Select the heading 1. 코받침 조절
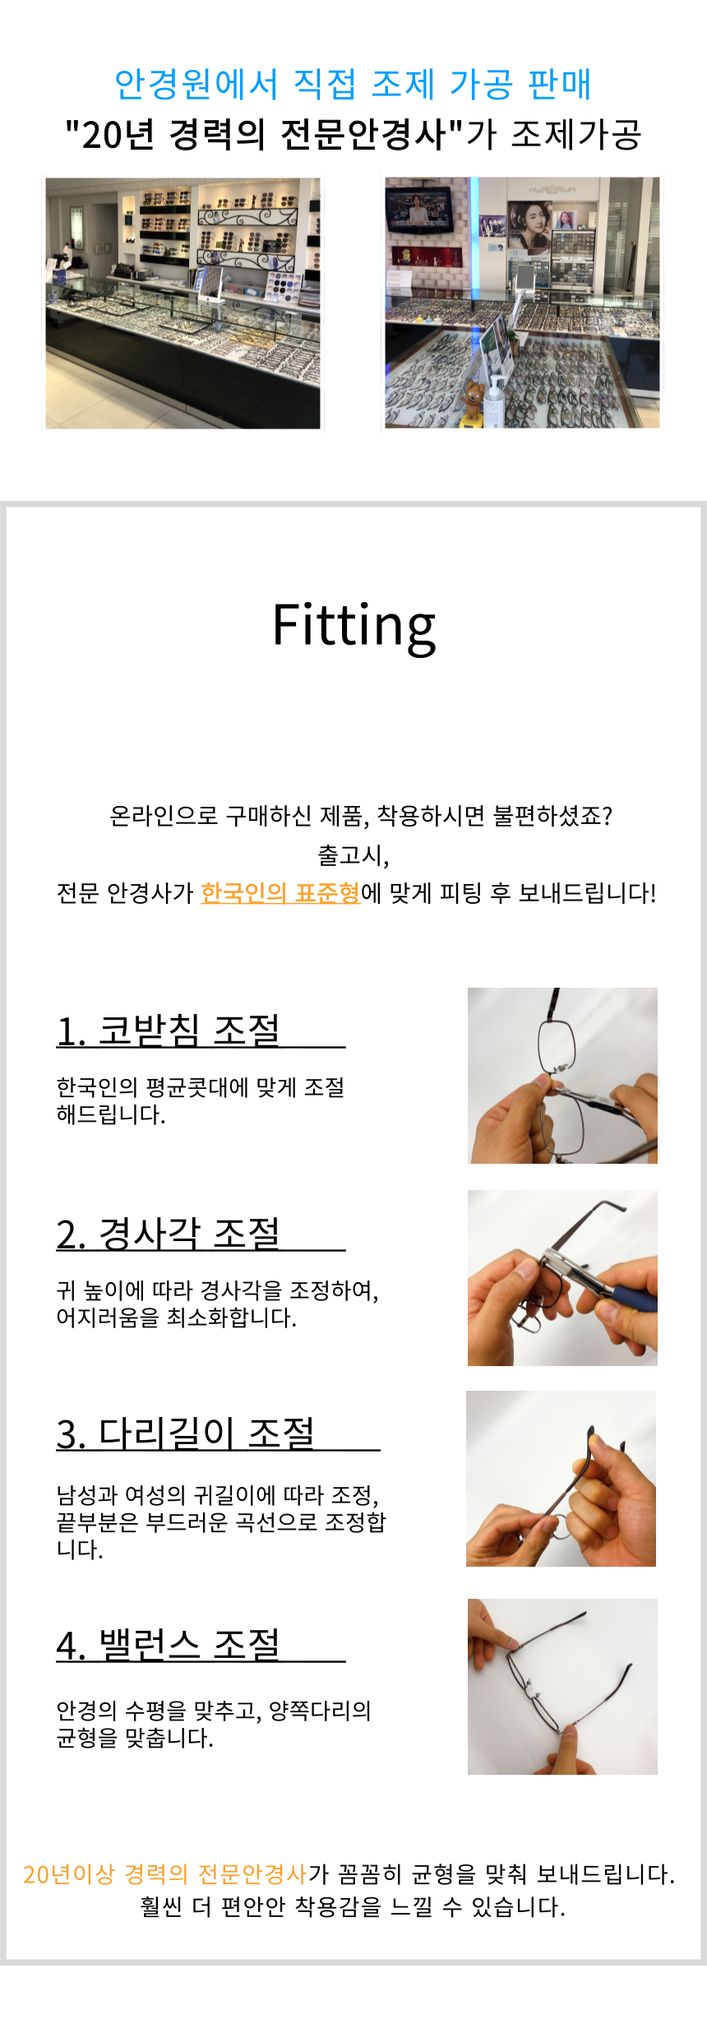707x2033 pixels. pyautogui.click(x=169, y=1030)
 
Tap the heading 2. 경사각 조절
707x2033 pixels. pyautogui.click(x=169, y=1234)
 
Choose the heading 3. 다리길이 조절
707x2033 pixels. pyautogui.click(x=186, y=1433)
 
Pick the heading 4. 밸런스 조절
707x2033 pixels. pyautogui.click(x=169, y=1645)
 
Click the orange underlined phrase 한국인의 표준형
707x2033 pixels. pyautogui.click(x=280, y=893)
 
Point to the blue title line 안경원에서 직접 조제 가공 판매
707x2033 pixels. pyautogui.click(x=353, y=84)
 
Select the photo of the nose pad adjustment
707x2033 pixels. pyautogui.click(x=562, y=1076)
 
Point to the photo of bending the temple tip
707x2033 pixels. pyautogui.click(x=561, y=1479)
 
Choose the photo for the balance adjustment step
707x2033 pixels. pyautogui.click(x=562, y=1687)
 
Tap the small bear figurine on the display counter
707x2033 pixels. pyautogui.click(x=474, y=401)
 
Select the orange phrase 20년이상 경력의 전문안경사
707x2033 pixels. pyautogui.click(x=165, y=1874)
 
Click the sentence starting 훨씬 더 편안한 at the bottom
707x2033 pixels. pyautogui.click(x=353, y=1906)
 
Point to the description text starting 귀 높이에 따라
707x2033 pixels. pyautogui.click(x=218, y=1304)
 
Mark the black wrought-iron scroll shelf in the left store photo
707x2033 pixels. pyautogui.click(x=247, y=238)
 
